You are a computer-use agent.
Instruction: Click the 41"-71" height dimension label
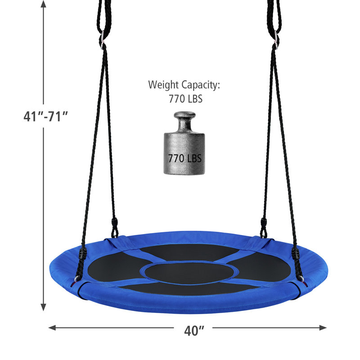(46, 117)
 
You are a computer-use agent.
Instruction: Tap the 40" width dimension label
(194, 331)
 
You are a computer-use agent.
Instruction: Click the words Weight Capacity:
(184, 85)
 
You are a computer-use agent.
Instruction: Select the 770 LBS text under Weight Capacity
(185, 99)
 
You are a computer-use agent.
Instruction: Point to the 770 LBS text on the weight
(185, 158)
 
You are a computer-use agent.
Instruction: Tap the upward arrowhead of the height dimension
(43, 4)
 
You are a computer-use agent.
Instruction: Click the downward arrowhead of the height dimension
(43, 307)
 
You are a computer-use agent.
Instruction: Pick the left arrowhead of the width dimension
(52, 328)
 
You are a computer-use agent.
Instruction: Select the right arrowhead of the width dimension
(323, 328)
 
